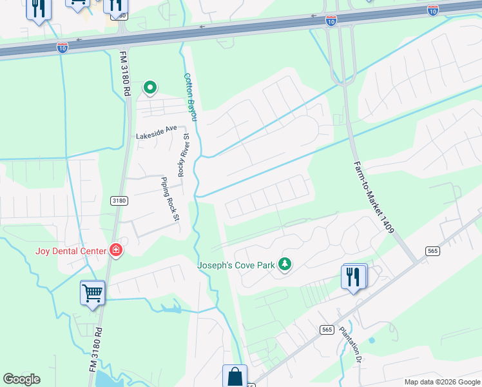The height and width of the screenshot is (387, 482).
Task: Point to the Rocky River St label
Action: tap(184, 159)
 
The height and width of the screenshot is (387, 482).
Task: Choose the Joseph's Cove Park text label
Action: tap(236, 264)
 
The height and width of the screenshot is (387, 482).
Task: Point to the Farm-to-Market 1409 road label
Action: tap(373, 197)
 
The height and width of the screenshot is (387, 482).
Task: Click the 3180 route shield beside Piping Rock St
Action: tap(119, 201)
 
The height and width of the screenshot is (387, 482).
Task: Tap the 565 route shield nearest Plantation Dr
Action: tap(327, 330)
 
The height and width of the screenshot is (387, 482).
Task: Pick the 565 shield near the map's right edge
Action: tap(432, 250)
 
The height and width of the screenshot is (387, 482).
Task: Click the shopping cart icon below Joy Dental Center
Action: tap(93, 293)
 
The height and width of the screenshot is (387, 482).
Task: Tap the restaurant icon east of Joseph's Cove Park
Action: tap(353, 277)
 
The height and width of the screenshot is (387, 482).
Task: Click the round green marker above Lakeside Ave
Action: tap(150, 86)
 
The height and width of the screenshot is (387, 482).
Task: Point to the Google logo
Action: tap(21, 379)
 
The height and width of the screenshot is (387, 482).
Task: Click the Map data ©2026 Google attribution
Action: tap(441, 382)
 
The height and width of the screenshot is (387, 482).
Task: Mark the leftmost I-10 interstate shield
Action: tap(63, 48)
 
